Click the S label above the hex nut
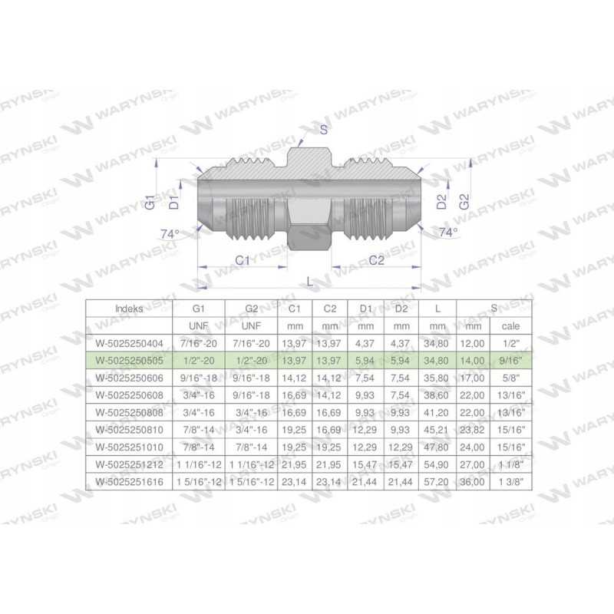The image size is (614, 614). pos(323,130)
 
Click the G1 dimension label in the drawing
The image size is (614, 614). pos(150,202)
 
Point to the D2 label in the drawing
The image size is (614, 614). pos(441,202)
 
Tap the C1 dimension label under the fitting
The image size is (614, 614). pos(243,260)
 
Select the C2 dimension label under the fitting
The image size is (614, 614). pos(376,260)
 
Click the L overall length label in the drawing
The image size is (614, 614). pos(310,281)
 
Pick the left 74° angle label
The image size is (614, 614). pos(170,234)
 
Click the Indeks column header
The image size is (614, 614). pos(129,309)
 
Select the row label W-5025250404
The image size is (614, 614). pos(129,343)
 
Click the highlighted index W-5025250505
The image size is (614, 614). pos(129,361)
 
